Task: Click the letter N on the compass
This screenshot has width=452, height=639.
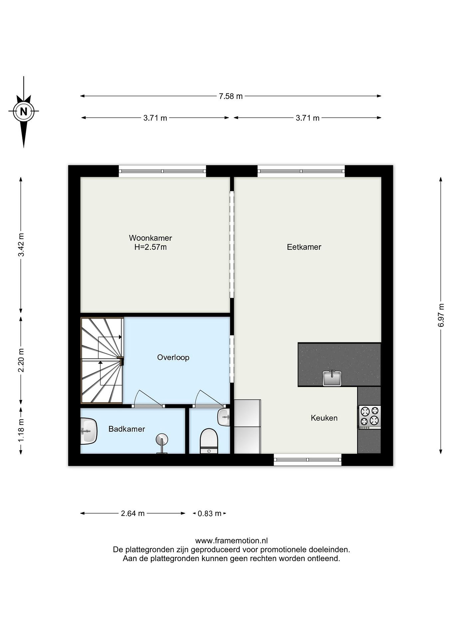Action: point(24,112)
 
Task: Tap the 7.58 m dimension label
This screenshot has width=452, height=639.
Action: point(231,96)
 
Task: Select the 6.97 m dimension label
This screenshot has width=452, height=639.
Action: point(441,315)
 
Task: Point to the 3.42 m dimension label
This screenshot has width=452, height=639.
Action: point(21,245)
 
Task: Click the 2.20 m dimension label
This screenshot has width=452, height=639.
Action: point(21,360)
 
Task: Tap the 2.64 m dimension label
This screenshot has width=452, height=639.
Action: point(133,513)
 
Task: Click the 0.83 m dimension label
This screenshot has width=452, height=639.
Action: point(209,513)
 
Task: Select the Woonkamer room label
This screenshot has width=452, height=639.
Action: point(151,238)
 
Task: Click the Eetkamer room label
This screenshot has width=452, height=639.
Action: point(304,247)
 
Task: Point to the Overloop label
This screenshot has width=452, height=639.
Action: point(173,357)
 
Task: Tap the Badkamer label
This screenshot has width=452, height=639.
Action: point(127,429)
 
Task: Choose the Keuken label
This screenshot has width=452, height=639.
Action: point(324,418)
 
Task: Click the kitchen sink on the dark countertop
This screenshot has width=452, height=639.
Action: point(332,378)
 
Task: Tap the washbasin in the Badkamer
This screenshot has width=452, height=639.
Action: point(89,431)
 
